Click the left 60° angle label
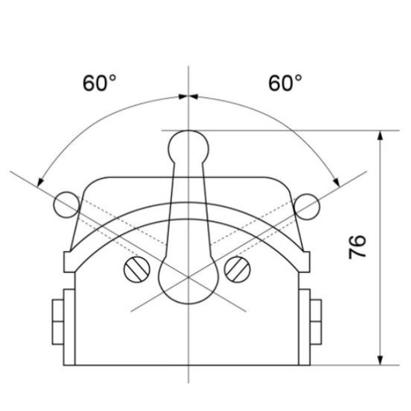click(99, 83)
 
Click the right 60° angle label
click(285, 83)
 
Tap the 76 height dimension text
click(357, 247)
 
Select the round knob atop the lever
click(188, 147)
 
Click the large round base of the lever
click(188, 282)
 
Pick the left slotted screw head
click(137, 270)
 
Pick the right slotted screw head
click(238, 270)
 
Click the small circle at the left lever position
click(67, 205)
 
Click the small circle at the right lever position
click(307, 207)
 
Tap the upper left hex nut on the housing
click(58, 311)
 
